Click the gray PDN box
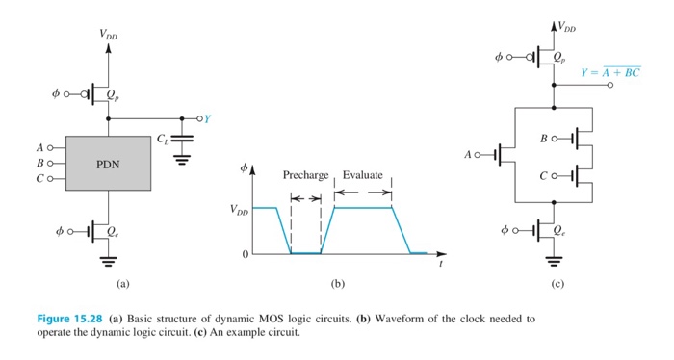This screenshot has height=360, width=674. (108, 164)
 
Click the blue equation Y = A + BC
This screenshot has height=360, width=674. (610, 73)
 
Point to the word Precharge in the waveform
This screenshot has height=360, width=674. (305, 175)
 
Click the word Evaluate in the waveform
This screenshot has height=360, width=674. (363, 175)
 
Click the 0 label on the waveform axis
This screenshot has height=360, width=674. (246, 253)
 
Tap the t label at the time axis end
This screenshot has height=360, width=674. (440, 263)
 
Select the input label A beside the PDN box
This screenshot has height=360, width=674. (39, 147)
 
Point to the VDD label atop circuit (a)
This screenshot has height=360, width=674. (110, 34)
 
